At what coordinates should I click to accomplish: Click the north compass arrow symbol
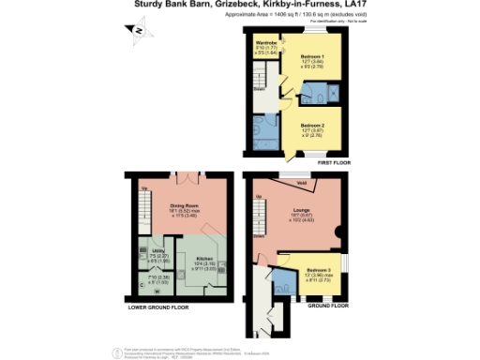click(x=138, y=31)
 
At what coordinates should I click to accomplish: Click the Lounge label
click(x=303, y=210)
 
